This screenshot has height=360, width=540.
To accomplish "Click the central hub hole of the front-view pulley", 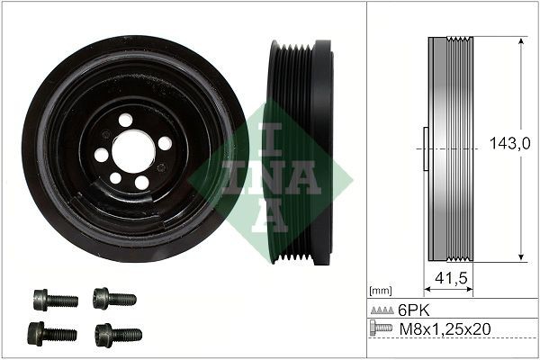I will pyautogui.click(x=134, y=150).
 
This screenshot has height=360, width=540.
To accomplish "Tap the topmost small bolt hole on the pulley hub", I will pyautogui.click(x=125, y=120).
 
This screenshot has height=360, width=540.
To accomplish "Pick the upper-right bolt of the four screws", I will pyautogui.click(x=112, y=297).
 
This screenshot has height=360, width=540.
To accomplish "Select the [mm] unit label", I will pyautogui.click(x=379, y=291).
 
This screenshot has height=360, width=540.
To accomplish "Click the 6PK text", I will pyautogui.click(x=413, y=309).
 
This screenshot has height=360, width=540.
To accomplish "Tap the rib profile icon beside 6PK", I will pyautogui.click(x=382, y=310).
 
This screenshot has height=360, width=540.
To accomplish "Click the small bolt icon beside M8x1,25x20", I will pyautogui.click(x=382, y=328).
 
